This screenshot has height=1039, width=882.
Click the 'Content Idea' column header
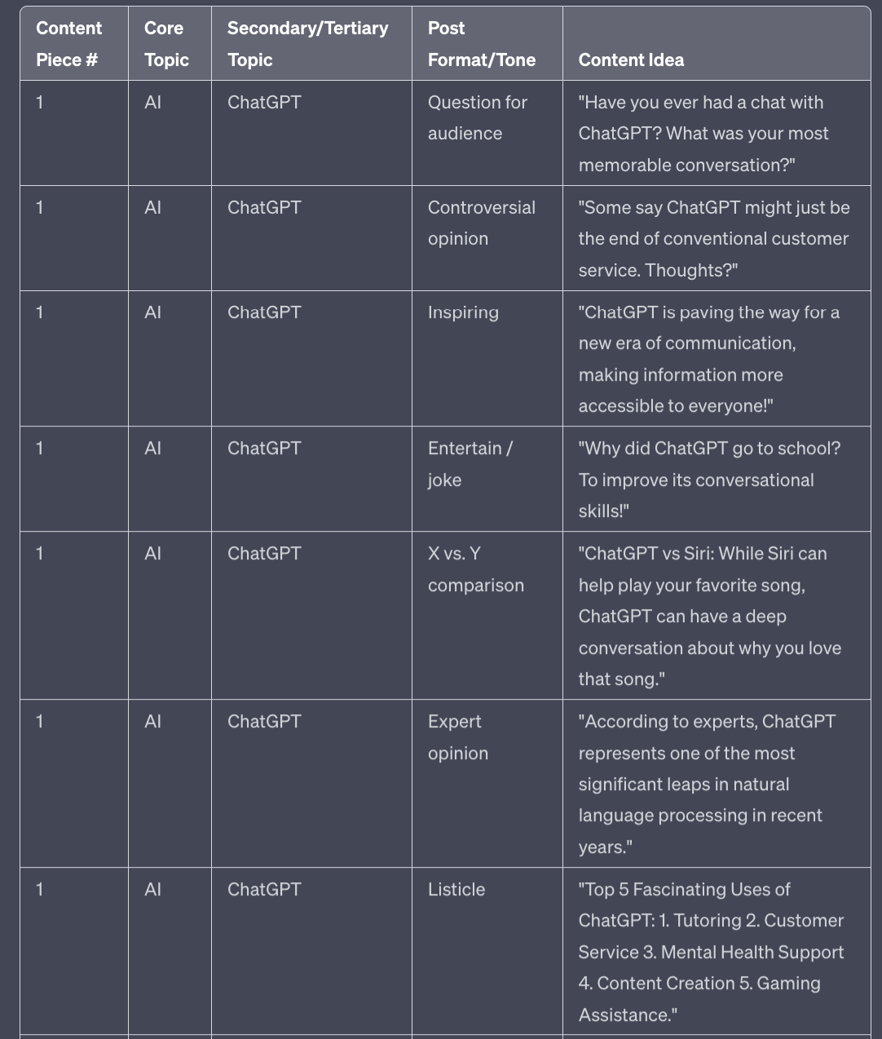point(631,60)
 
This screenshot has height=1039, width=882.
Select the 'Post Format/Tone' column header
point(481,44)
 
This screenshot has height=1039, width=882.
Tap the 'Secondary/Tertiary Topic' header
point(307,44)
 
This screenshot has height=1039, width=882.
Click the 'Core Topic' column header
point(166,44)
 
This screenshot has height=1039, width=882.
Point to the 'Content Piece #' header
point(68,44)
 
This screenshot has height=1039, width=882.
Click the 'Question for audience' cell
point(477,117)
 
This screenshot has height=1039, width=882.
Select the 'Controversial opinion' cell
point(481,223)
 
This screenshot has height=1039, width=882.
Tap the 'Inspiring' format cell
point(463,312)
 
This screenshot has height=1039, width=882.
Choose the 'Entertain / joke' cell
point(470,463)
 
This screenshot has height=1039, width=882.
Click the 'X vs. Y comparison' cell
point(475,569)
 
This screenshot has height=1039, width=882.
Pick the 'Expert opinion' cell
point(457,737)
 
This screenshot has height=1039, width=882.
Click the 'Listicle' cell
point(456,889)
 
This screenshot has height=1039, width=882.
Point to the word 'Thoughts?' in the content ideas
point(690,270)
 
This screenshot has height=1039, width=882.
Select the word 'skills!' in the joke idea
point(603,511)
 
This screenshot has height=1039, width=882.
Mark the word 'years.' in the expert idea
point(605,847)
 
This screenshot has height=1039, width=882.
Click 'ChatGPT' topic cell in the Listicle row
point(264,889)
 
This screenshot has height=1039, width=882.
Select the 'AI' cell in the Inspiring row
point(152,312)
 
